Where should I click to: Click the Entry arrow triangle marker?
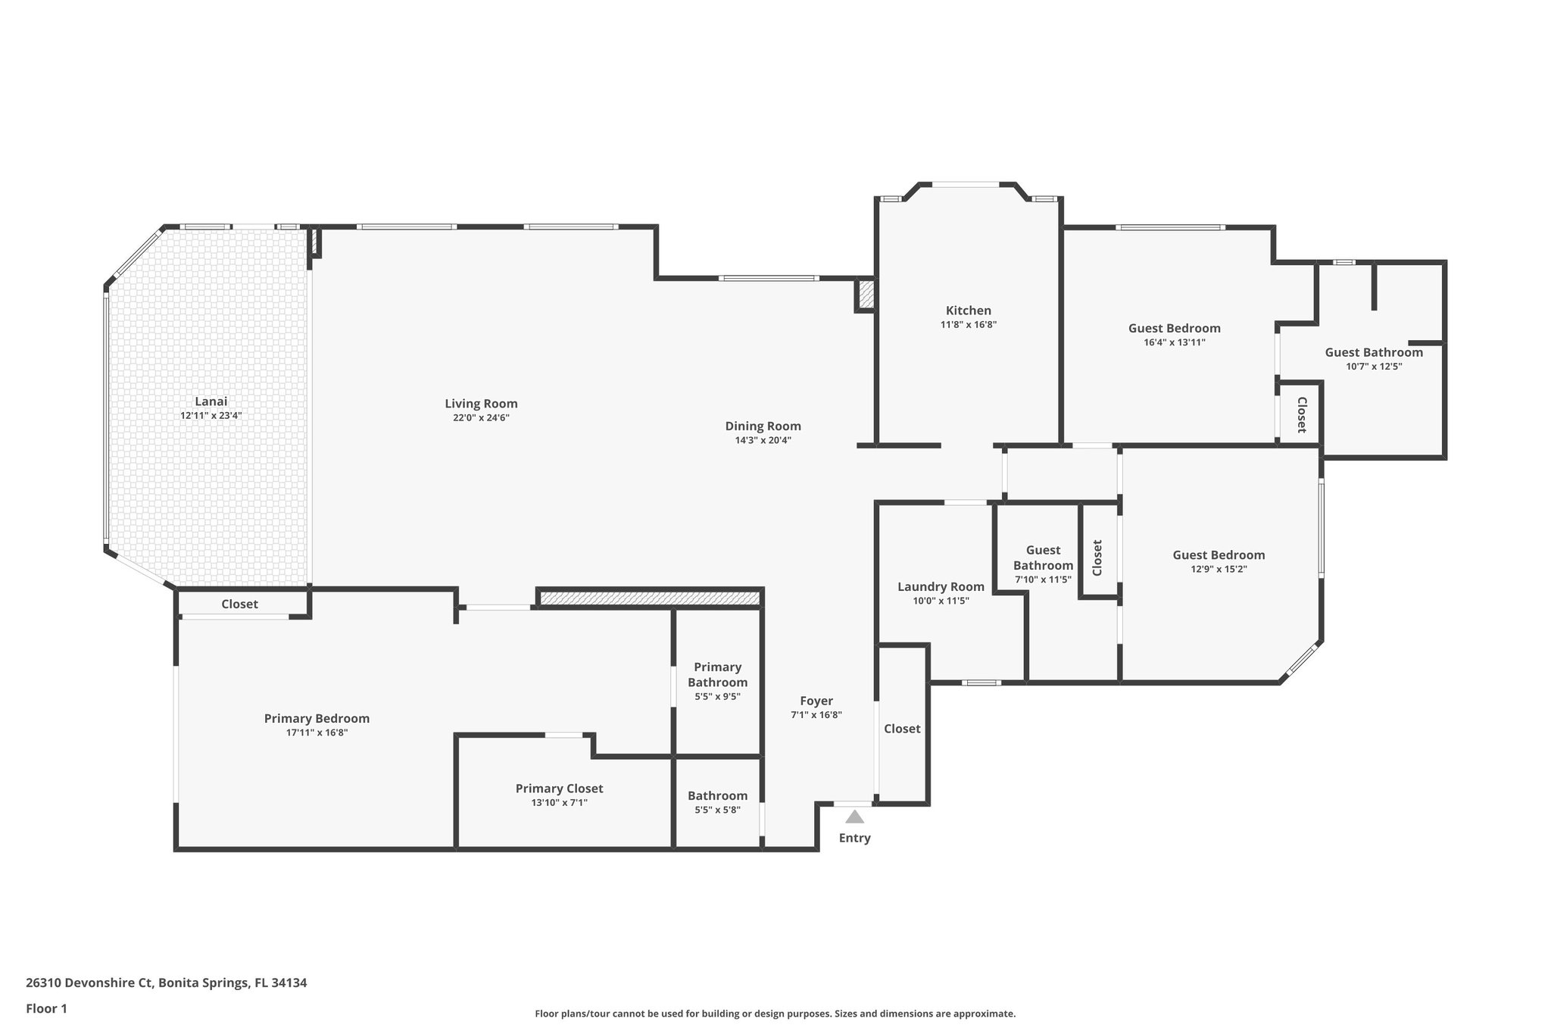click(x=854, y=817)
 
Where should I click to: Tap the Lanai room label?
click(x=211, y=401)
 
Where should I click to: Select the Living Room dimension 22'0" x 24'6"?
click(x=481, y=417)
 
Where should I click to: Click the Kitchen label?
click(x=968, y=311)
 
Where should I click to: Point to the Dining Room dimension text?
click(x=763, y=440)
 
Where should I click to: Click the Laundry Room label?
click(x=941, y=586)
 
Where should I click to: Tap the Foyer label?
click(x=816, y=701)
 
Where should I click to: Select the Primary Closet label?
click(x=559, y=789)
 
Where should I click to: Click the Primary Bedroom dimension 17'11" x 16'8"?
click(x=317, y=733)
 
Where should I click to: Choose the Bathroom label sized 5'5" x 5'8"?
click(x=717, y=795)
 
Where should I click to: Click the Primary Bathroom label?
click(x=717, y=674)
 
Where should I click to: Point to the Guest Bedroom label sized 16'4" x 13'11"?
click(x=1174, y=328)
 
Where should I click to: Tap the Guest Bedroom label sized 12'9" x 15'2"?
click(x=1219, y=554)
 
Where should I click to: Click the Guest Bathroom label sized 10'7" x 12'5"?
click(x=1373, y=352)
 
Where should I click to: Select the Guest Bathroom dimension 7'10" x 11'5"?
click(x=1043, y=579)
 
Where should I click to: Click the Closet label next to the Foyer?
click(x=902, y=728)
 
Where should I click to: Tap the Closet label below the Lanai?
click(x=239, y=604)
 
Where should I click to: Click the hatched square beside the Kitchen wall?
click(x=866, y=294)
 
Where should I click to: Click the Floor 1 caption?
click(x=46, y=1008)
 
